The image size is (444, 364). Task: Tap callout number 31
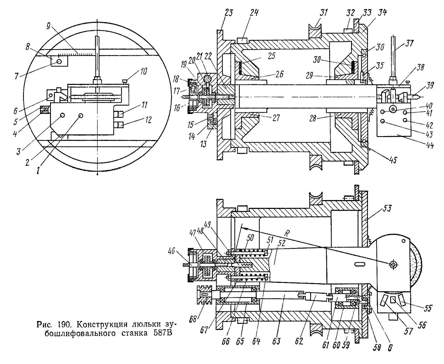click(x=323, y=12)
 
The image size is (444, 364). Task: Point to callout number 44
click(x=429, y=145)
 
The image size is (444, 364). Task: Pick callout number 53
click(x=387, y=208)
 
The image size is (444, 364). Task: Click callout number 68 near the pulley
click(x=193, y=319)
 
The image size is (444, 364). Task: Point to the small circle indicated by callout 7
click(x=59, y=62)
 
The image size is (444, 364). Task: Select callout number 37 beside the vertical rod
click(x=409, y=44)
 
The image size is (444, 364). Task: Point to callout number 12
click(x=148, y=120)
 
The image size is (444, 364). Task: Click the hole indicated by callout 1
click(x=81, y=116)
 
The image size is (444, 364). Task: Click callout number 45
click(x=393, y=160)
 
